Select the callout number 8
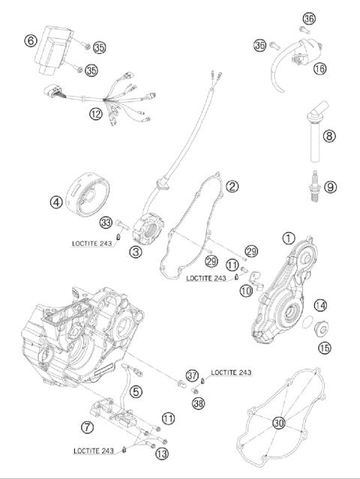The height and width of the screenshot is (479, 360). [329, 136]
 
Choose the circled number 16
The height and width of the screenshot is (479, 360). [320, 68]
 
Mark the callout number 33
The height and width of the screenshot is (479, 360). [106, 223]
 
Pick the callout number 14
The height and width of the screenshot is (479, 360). [320, 305]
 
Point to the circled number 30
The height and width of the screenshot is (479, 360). [279, 423]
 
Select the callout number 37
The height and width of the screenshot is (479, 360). [193, 375]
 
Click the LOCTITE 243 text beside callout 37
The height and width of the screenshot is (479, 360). [231, 373]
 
